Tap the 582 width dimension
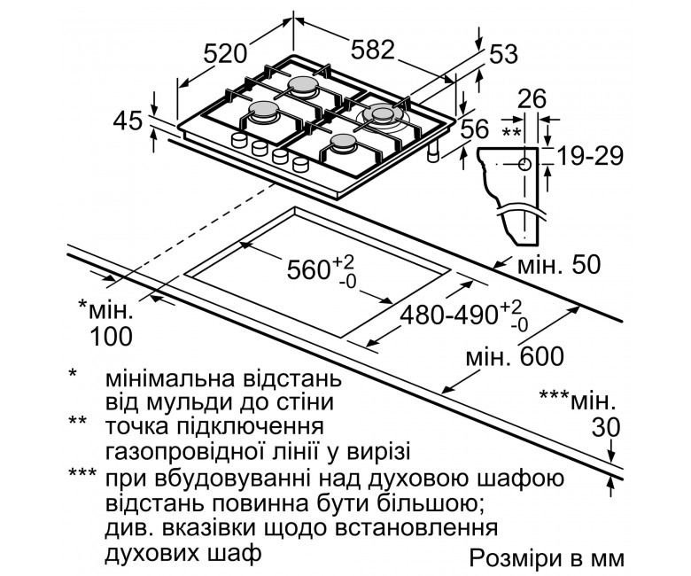pyautogui.click(x=372, y=50)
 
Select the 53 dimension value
pyautogui.click(x=503, y=55)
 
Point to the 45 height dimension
pyautogui.click(x=128, y=121)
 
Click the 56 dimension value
pyautogui.click(x=476, y=129)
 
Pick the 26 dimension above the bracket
pyautogui.click(x=532, y=98)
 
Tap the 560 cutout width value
pyautogui.click(x=308, y=269)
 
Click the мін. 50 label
pyautogui.click(x=559, y=265)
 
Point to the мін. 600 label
pyautogui.click(x=515, y=356)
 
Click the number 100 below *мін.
pyautogui.click(x=111, y=337)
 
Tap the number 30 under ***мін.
pyautogui.click(x=606, y=427)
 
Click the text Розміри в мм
pyautogui.click(x=547, y=558)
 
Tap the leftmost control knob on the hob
pyautogui.click(x=239, y=139)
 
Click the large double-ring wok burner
pyautogui.click(x=382, y=115)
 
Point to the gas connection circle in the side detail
pyautogui.click(x=524, y=165)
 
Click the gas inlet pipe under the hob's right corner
pyautogui.click(x=433, y=152)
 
